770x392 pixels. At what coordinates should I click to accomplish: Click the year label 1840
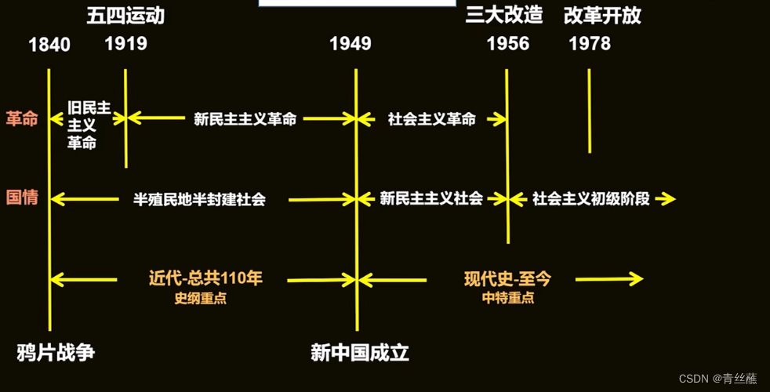(49, 45)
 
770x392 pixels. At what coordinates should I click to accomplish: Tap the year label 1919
(125, 43)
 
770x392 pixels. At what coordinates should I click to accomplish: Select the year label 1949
(350, 43)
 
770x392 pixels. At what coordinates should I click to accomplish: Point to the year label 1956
(508, 43)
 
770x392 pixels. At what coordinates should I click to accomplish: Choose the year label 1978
(590, 43)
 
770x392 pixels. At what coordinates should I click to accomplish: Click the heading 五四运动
(125, 16)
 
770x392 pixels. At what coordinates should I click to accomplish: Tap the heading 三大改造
(504, 16)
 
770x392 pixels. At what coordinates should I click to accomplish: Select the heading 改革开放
(602, 16)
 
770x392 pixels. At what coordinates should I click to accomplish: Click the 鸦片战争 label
(56, 353)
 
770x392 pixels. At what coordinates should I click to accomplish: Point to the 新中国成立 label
(360, 353)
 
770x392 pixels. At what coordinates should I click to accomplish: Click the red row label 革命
(22, 118)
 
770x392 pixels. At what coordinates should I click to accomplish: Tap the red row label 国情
(22, 198)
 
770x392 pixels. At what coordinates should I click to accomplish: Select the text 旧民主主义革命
(87, 125)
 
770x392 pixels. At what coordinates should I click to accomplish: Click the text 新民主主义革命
(245, 120)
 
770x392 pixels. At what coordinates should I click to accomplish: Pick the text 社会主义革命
(431, 120)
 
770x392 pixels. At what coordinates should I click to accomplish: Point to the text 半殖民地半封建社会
(199, 199)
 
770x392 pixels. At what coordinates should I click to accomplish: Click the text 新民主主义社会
(431, 198)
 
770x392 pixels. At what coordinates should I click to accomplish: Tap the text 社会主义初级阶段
(591, 198)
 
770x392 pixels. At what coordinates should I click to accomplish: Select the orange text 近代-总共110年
(205, 278)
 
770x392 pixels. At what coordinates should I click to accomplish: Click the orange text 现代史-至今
(507, 278)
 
